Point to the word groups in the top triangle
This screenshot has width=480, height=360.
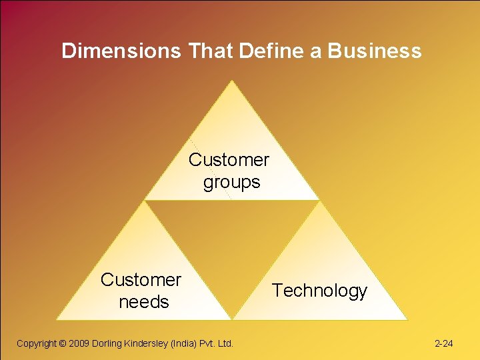click(231, 181)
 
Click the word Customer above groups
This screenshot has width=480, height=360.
click(229, 160)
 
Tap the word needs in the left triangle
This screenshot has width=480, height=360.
click(143, 302)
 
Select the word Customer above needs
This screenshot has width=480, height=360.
click(141, 280)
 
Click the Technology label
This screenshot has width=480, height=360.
click(319, 291)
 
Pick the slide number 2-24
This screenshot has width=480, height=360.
click(443, 344)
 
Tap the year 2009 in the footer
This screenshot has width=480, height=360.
click(79, 343)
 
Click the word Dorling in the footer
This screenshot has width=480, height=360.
click(108, 343)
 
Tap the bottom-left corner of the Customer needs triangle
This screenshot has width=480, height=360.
click(56, 320)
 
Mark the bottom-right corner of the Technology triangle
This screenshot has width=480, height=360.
click(407, 320)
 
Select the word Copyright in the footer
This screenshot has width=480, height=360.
click(37, 343)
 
